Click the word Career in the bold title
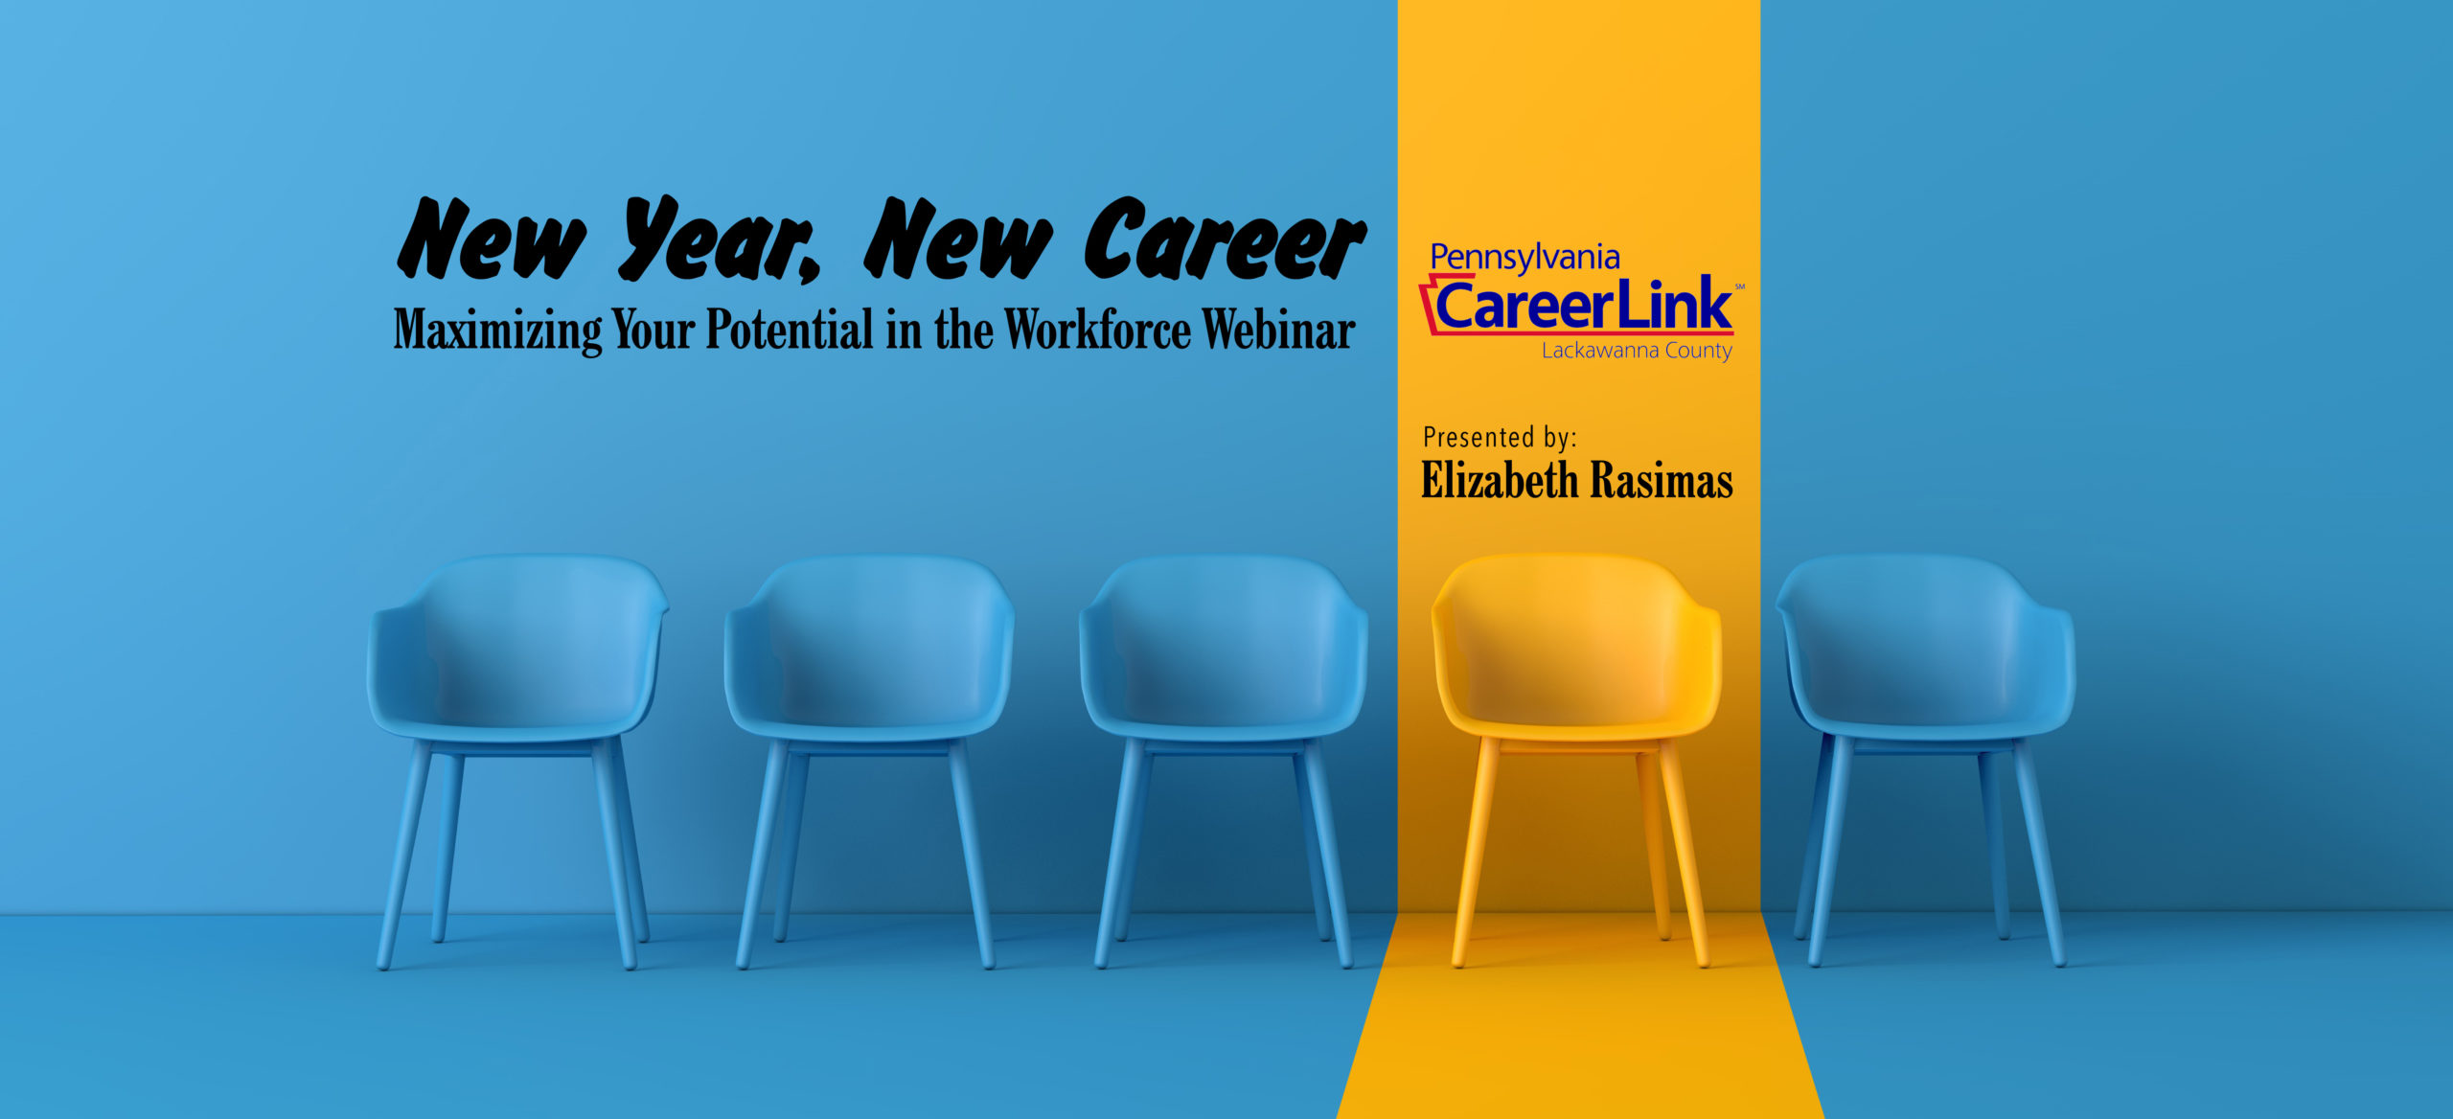point(1224,240)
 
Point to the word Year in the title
point(719,240)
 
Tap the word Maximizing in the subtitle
point(497,331)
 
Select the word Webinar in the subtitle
point(1278,330)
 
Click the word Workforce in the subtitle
point(1097,330)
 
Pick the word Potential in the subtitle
point(790,330)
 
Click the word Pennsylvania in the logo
point(1525,258)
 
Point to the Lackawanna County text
point(1637,351)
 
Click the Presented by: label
point(1500,438)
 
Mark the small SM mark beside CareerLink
point(1740,286)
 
